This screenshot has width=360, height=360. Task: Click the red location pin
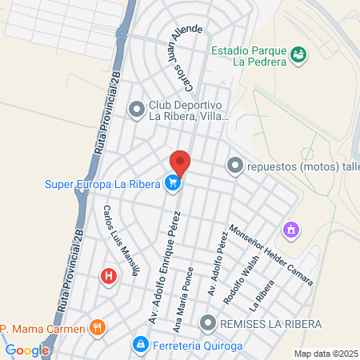coord(180,162)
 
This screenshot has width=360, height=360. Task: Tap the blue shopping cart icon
coord(172,183)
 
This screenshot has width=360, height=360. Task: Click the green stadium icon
coord(298,54)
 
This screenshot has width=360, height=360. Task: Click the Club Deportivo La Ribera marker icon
coord(137,108)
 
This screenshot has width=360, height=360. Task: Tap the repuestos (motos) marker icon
coord(234,166)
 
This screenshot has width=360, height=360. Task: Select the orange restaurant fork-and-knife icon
coord(98,327)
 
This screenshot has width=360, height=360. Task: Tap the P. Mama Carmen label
coord(43,328)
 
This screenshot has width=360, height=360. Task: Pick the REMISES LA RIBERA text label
coord(270,323)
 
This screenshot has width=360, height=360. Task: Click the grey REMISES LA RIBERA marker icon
coord(208,323)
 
